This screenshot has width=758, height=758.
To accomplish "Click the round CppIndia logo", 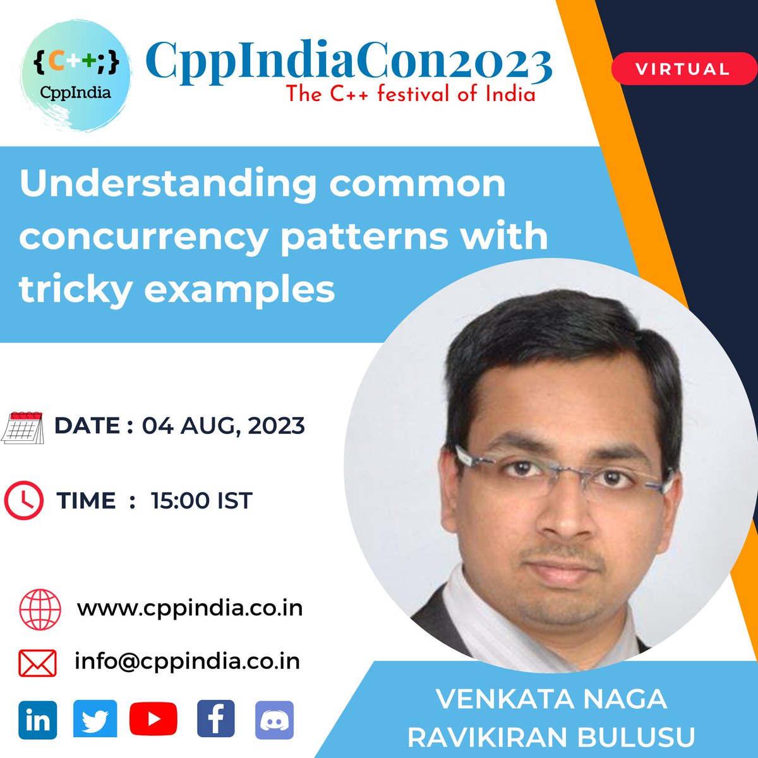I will click(x=75, y=75).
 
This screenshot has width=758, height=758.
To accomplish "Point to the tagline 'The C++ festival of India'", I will click(x=411, y=95).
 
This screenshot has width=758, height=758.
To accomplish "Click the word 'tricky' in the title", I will click(x=74, y=290).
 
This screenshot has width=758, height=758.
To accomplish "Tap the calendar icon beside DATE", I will click(x=22, y=427).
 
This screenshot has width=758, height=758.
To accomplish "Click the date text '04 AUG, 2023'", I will click(x=223, y=426).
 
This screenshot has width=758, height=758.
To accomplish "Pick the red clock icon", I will click(x=23, y=501).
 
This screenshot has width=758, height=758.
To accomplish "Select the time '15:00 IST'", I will click(x=202, y=501).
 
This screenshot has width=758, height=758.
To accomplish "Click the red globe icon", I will click(x=40, y=610).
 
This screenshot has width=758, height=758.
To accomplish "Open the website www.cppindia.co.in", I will click(x=189, y=608).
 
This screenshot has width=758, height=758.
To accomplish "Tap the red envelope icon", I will click(x=38, y=663).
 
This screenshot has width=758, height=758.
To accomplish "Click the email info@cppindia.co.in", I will click(x=187, y=661).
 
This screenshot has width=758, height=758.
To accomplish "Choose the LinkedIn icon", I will click(x=38, y=720).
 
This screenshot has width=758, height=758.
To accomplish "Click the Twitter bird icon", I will click(x=95, y=720).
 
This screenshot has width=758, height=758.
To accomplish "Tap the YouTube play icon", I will click(x=153, y=720).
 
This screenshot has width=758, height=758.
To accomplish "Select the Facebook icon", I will click(x=215, y=720).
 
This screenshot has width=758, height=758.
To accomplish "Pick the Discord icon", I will click(x=274, y=720).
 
